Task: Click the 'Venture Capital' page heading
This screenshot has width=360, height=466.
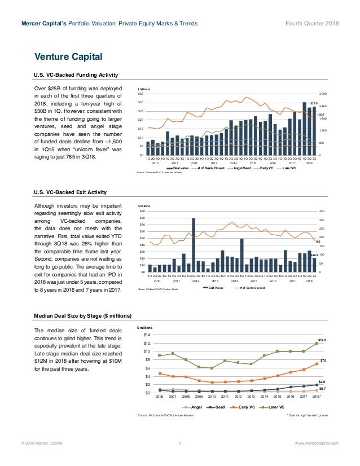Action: tap(68, 56)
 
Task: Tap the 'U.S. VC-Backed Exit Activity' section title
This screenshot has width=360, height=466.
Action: tap(70, 192)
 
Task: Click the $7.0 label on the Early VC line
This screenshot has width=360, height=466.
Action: tap(323, 360)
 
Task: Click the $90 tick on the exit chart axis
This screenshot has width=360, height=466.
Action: tap(142, 212)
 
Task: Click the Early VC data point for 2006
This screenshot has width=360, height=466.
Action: tap(160, 373)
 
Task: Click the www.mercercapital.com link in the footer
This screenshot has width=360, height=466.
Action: tap(317, 444)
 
